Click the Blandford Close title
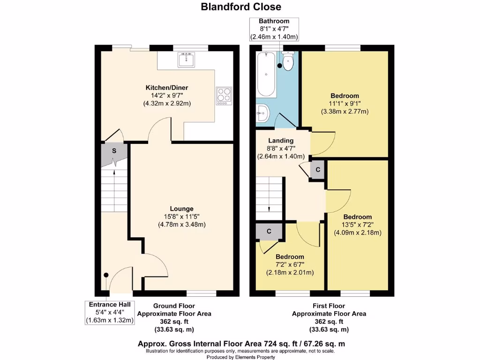pos(241,7)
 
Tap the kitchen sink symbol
pos(187,60)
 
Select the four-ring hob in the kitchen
pos(223,96)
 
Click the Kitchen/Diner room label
pos(167,88)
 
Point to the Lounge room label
pos(181,209)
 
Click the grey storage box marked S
pos(114,151)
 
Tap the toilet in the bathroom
pos(288,62)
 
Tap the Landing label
pos(281,140)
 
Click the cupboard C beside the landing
pos(317,170)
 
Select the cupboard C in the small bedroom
pos(269,231)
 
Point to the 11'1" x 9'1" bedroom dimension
pos(345,104)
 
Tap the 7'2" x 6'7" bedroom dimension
pos(290,264)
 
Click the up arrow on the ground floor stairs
pos(115,172)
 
